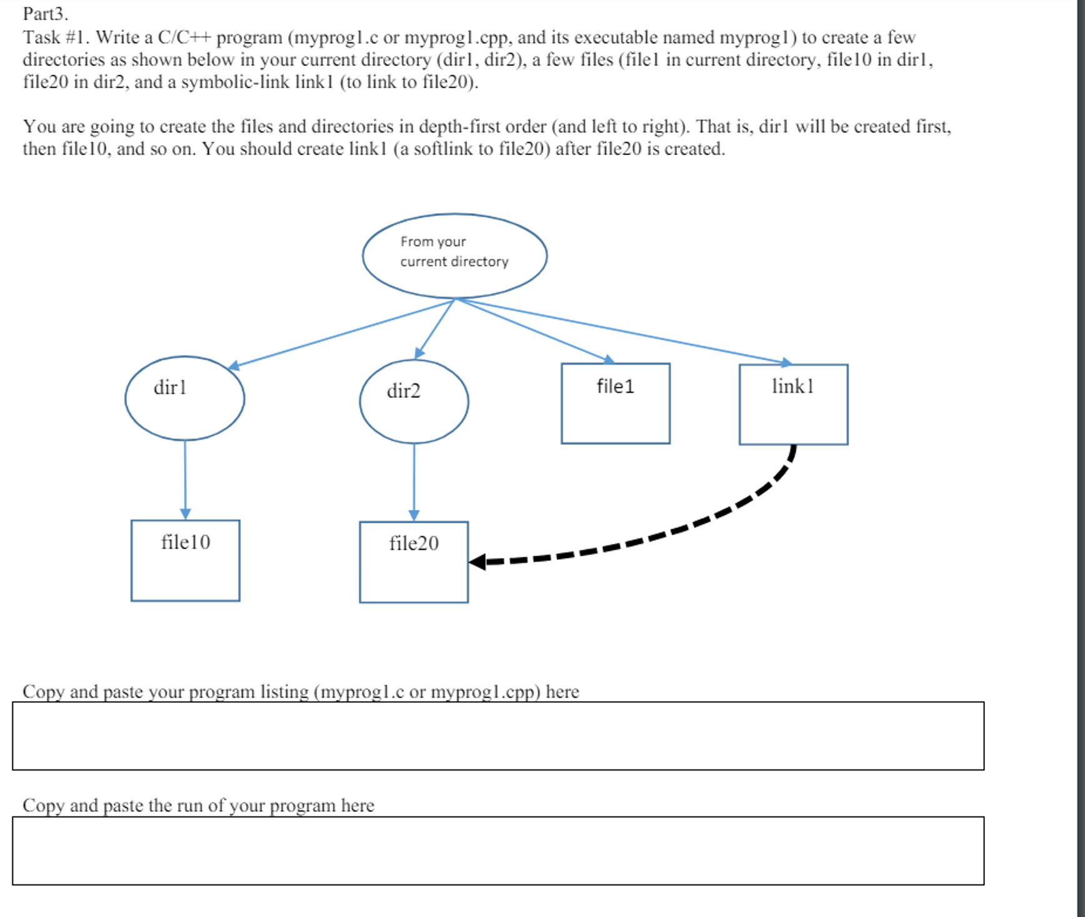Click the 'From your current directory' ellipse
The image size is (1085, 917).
tap(454, 255)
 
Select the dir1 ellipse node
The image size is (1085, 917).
tap(184, 398)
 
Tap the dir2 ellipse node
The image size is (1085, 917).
tap(414, 402)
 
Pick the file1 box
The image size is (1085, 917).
tap(615, 403)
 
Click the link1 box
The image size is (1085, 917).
tap(793, 404)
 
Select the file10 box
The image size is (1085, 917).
tap(185, 560)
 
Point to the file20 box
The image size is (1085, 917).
tap(414, 562)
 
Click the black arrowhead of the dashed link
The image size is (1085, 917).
tap(477, 562)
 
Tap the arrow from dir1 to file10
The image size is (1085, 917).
tap(185, 479)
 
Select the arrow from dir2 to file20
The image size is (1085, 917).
tap(414, 482)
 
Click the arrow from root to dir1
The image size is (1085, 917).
tap(341, 333)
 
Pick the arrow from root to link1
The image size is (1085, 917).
tap(625, 332)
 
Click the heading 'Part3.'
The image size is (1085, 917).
tap(45, 13)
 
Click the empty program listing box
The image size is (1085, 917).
tap(497, 736)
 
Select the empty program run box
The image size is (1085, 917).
tap(497, 850)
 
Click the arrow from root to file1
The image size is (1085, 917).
tap(534, 330)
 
